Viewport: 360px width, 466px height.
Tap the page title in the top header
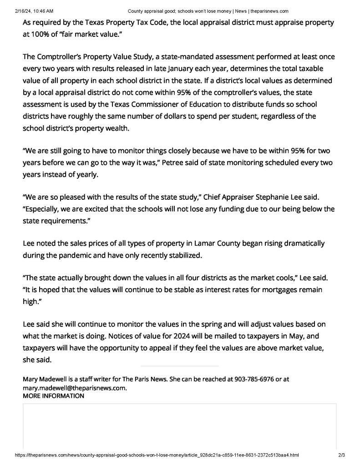pos(208,11)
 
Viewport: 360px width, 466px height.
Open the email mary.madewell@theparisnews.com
pos(74,388)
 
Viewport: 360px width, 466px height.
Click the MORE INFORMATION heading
pos(53,396)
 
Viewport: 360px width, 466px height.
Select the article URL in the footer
pos(157,455)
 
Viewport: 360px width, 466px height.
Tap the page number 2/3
pos(342,455)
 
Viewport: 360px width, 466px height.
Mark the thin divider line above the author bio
pos(179,366)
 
